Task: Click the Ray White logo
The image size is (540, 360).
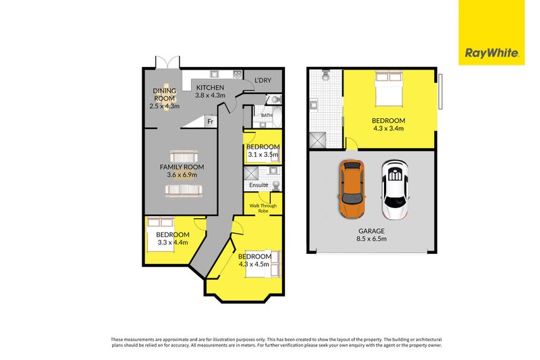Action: click(491, 53)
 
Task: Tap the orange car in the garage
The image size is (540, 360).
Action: click(352, 189)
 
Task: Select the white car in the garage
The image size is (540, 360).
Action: click(395, 190)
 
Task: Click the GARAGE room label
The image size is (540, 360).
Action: click(372, 231)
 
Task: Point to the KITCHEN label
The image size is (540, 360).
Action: click(210, 88)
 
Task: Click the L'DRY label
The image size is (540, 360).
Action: click(263, 80)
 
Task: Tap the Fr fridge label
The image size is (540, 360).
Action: click(211, 122)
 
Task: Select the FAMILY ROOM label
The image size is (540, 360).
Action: click(182, 167)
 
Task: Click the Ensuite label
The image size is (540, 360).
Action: click(259, 185)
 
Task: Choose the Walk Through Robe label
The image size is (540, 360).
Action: click(263, 208)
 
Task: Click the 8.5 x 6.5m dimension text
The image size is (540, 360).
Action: click(373, 238)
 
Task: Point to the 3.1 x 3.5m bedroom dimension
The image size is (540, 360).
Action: click(263, 155)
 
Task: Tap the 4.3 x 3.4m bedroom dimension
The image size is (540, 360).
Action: click(389, 128)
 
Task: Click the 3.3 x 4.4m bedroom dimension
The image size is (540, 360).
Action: click(173, 242)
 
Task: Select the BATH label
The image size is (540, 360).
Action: click(267, 115)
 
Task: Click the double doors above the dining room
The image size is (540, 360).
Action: click(167, 61)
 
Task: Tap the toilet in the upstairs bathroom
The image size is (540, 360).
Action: click(326, 75)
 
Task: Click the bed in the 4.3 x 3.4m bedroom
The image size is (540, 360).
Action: click(389, 88)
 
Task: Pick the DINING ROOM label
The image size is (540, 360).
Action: click(165, 95)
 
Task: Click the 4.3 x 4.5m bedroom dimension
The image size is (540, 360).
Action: click(254, 264)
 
